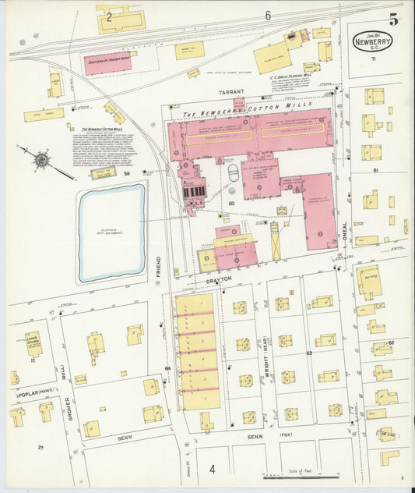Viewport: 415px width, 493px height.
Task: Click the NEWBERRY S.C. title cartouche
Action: (x=372, y=41)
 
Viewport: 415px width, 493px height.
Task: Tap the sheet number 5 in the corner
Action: (x=393, y=20)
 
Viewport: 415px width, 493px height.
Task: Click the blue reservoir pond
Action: (x=111, y=232)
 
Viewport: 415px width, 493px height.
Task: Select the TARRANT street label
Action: (x=230, y=92)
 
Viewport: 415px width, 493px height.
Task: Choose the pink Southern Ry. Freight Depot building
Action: (x=107, y=63)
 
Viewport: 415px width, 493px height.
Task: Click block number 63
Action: (x=309, y=353)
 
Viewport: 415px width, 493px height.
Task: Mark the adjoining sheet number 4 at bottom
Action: (x=211, y=469)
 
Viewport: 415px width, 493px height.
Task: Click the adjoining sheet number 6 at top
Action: (x=267, y=16)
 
